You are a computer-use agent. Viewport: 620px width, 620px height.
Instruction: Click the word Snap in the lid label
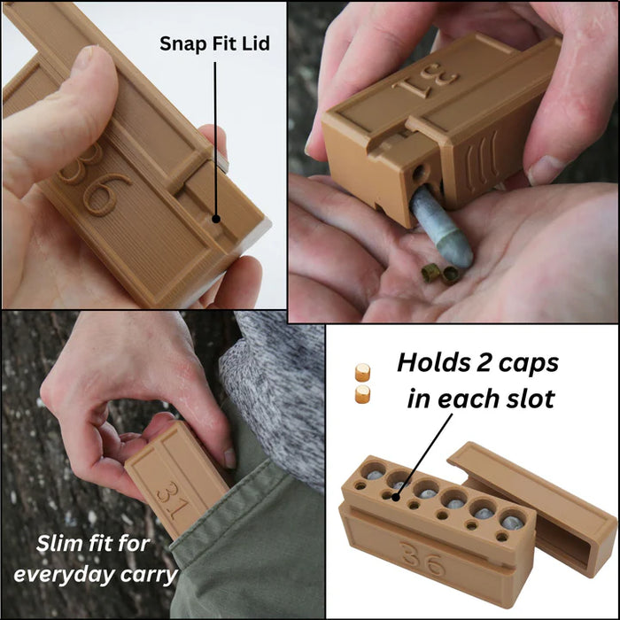coord(182,43)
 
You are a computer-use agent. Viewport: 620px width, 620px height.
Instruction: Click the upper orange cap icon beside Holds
coord(361,373)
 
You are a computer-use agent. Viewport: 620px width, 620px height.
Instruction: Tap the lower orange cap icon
coord(361,394)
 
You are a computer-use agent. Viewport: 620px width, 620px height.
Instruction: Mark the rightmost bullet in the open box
coord(510,521)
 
